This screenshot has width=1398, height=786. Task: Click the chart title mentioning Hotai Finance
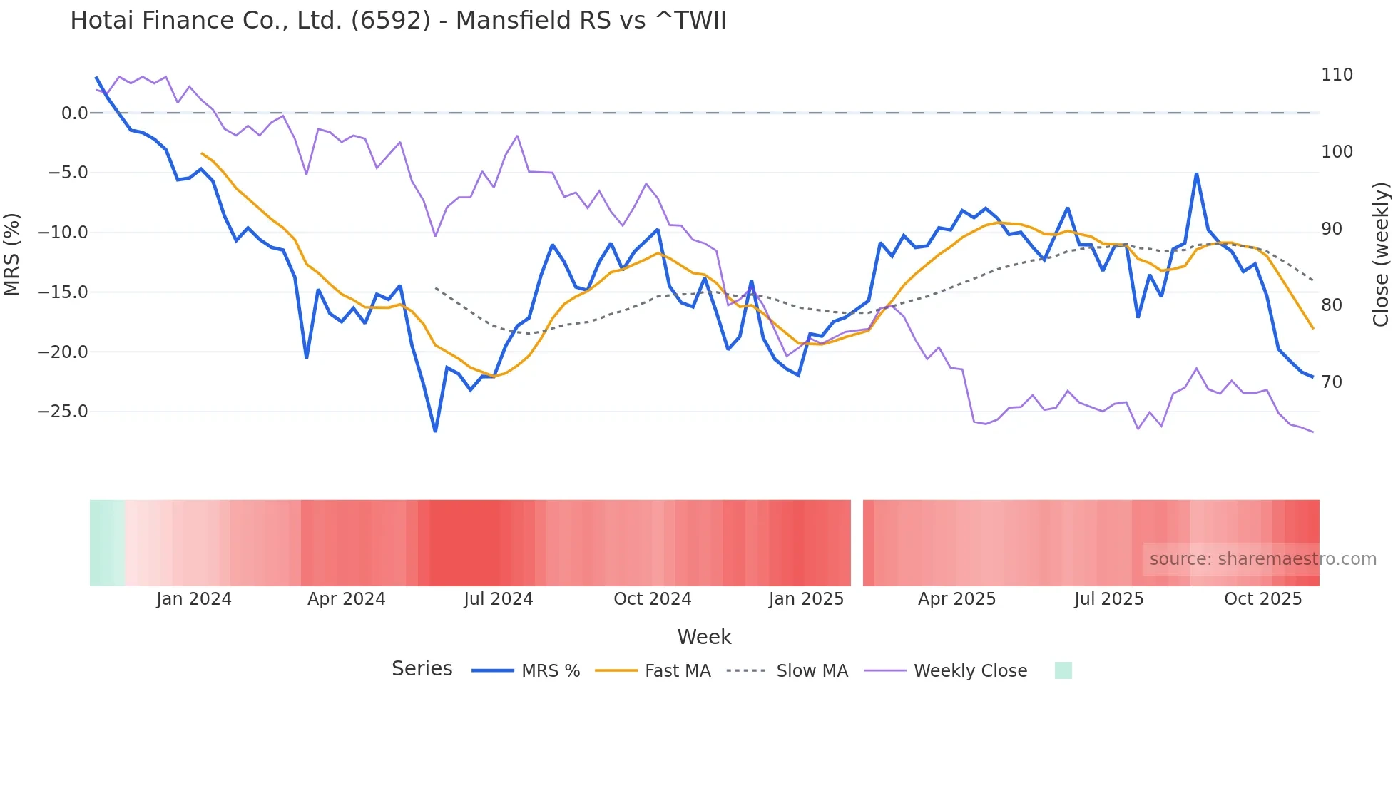pyautogui.click(x=398, y=21)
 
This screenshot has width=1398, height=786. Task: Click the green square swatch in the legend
pyautogui.click(x=1063, y=670)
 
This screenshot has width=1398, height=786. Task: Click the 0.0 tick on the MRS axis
pyautogui.click(x=74, y=113)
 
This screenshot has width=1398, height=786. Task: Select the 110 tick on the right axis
pyautogui.click(x=1337, y=75)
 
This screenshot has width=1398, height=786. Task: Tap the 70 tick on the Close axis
pyautogui.click(x=1332, y=382)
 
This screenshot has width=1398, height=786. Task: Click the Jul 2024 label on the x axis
pyautogui.click(x=498, y=599)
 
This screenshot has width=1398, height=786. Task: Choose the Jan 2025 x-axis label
pyautogui.click(x=806, y=599)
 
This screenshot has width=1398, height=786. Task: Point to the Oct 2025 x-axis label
pyautogui.click(x=1262, y=599)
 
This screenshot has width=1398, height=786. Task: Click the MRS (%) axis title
pyautogui.click(x=12, y=254)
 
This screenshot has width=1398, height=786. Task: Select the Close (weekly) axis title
pyautogui.click(x=1381, y=254)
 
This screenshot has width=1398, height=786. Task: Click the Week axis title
pyautogui.click(x=704, y=637)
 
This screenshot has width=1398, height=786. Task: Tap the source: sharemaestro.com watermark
pyautogui.click(x=1262, y=559)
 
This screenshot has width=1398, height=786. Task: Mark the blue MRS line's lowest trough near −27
pyautogui.click(x=435, y=431)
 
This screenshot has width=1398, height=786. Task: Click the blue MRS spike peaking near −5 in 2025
pyautogui.click(x=1196, y=173)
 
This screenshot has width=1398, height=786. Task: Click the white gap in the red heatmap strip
pyautogui.click(x=857, y=543)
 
